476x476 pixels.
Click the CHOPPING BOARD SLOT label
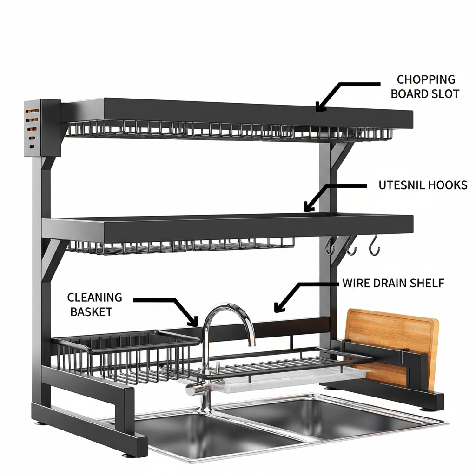[425, 86]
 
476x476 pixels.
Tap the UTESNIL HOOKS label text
[423, 185]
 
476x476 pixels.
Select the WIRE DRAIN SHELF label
[393, 283]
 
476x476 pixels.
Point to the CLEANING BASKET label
[94, 304]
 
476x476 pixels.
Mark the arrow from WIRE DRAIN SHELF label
[301, 288]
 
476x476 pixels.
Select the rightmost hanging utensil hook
[375, 245]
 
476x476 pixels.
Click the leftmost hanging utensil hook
[330, 246]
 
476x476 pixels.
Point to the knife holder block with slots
[42, 127]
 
